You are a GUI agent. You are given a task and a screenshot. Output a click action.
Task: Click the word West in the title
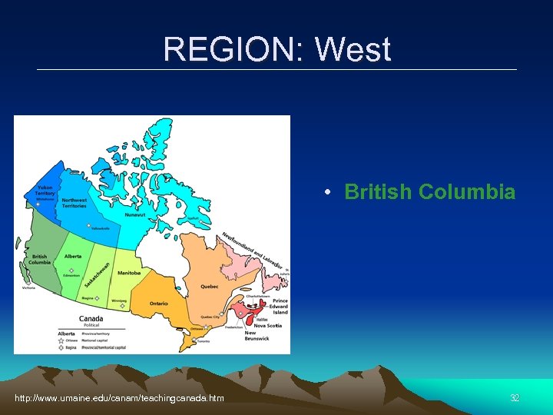pos(353,51)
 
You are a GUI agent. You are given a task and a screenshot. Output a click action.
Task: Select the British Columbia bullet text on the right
pos(429,192)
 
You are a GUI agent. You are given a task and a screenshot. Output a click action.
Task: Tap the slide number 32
pos(515,397)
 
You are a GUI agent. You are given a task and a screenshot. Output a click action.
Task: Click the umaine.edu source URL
pos(119,397)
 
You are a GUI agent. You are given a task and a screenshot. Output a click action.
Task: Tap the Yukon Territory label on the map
pos(45,191)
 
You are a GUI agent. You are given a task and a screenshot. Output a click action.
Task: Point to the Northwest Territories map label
pos(75,204)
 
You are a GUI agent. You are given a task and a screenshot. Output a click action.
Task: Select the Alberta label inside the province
pos(73,256)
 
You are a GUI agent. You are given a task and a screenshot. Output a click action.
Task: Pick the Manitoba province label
pos(129,272)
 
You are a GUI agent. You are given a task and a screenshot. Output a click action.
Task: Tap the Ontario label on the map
pos(159,304)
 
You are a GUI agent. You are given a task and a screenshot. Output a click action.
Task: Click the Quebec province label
pos(210,287)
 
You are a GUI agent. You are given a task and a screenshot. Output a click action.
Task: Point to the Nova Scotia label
pos(268,325)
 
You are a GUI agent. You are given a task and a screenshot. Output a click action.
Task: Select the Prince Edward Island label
pos(280,306)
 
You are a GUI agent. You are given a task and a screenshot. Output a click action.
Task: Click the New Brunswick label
pos(257,336)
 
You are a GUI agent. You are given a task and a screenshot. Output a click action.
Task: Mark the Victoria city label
pos(28,288)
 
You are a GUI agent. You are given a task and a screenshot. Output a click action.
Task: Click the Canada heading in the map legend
pos(91,318)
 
